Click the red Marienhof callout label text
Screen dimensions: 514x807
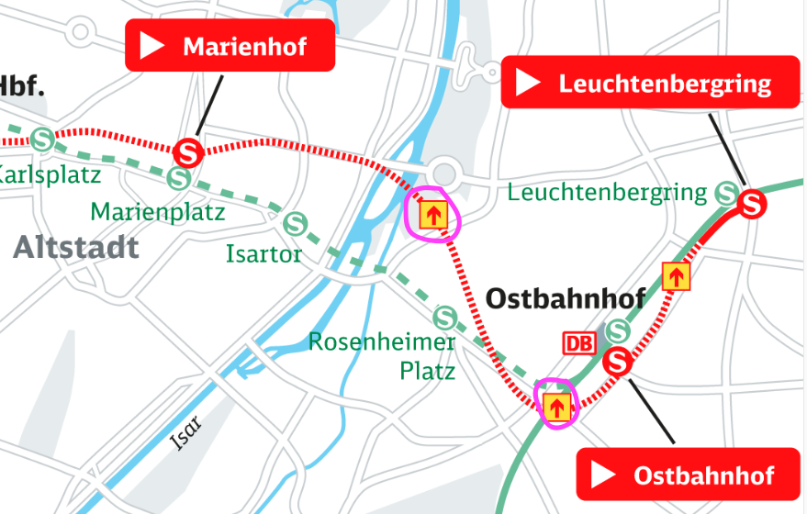[244, 47]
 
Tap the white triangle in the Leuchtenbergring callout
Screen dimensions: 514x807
[528, 84]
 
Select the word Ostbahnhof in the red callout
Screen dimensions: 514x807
[703, 475]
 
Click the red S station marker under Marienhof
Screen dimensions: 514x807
[189, 151]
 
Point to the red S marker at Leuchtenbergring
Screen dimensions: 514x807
[752, 203]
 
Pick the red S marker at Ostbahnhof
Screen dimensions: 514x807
[618, 362]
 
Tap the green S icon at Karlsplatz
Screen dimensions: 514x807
[41, 140]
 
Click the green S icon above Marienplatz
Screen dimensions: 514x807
[179, 178]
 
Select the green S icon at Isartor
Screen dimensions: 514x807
[295, 223]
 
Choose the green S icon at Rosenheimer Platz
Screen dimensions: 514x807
[445, 317]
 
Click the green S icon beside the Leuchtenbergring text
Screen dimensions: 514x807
[726, 193]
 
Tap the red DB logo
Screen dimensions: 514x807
[578, 343]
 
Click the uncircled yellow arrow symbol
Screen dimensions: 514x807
[676, 275]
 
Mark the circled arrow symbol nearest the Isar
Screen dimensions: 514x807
[432, 215]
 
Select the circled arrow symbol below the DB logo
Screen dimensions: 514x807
[555, 406]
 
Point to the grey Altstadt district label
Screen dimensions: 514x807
[76, 247]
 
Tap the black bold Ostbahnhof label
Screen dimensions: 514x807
[565, 298]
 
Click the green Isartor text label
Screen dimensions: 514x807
[263, 253]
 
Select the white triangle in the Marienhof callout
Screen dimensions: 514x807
[152, 46]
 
